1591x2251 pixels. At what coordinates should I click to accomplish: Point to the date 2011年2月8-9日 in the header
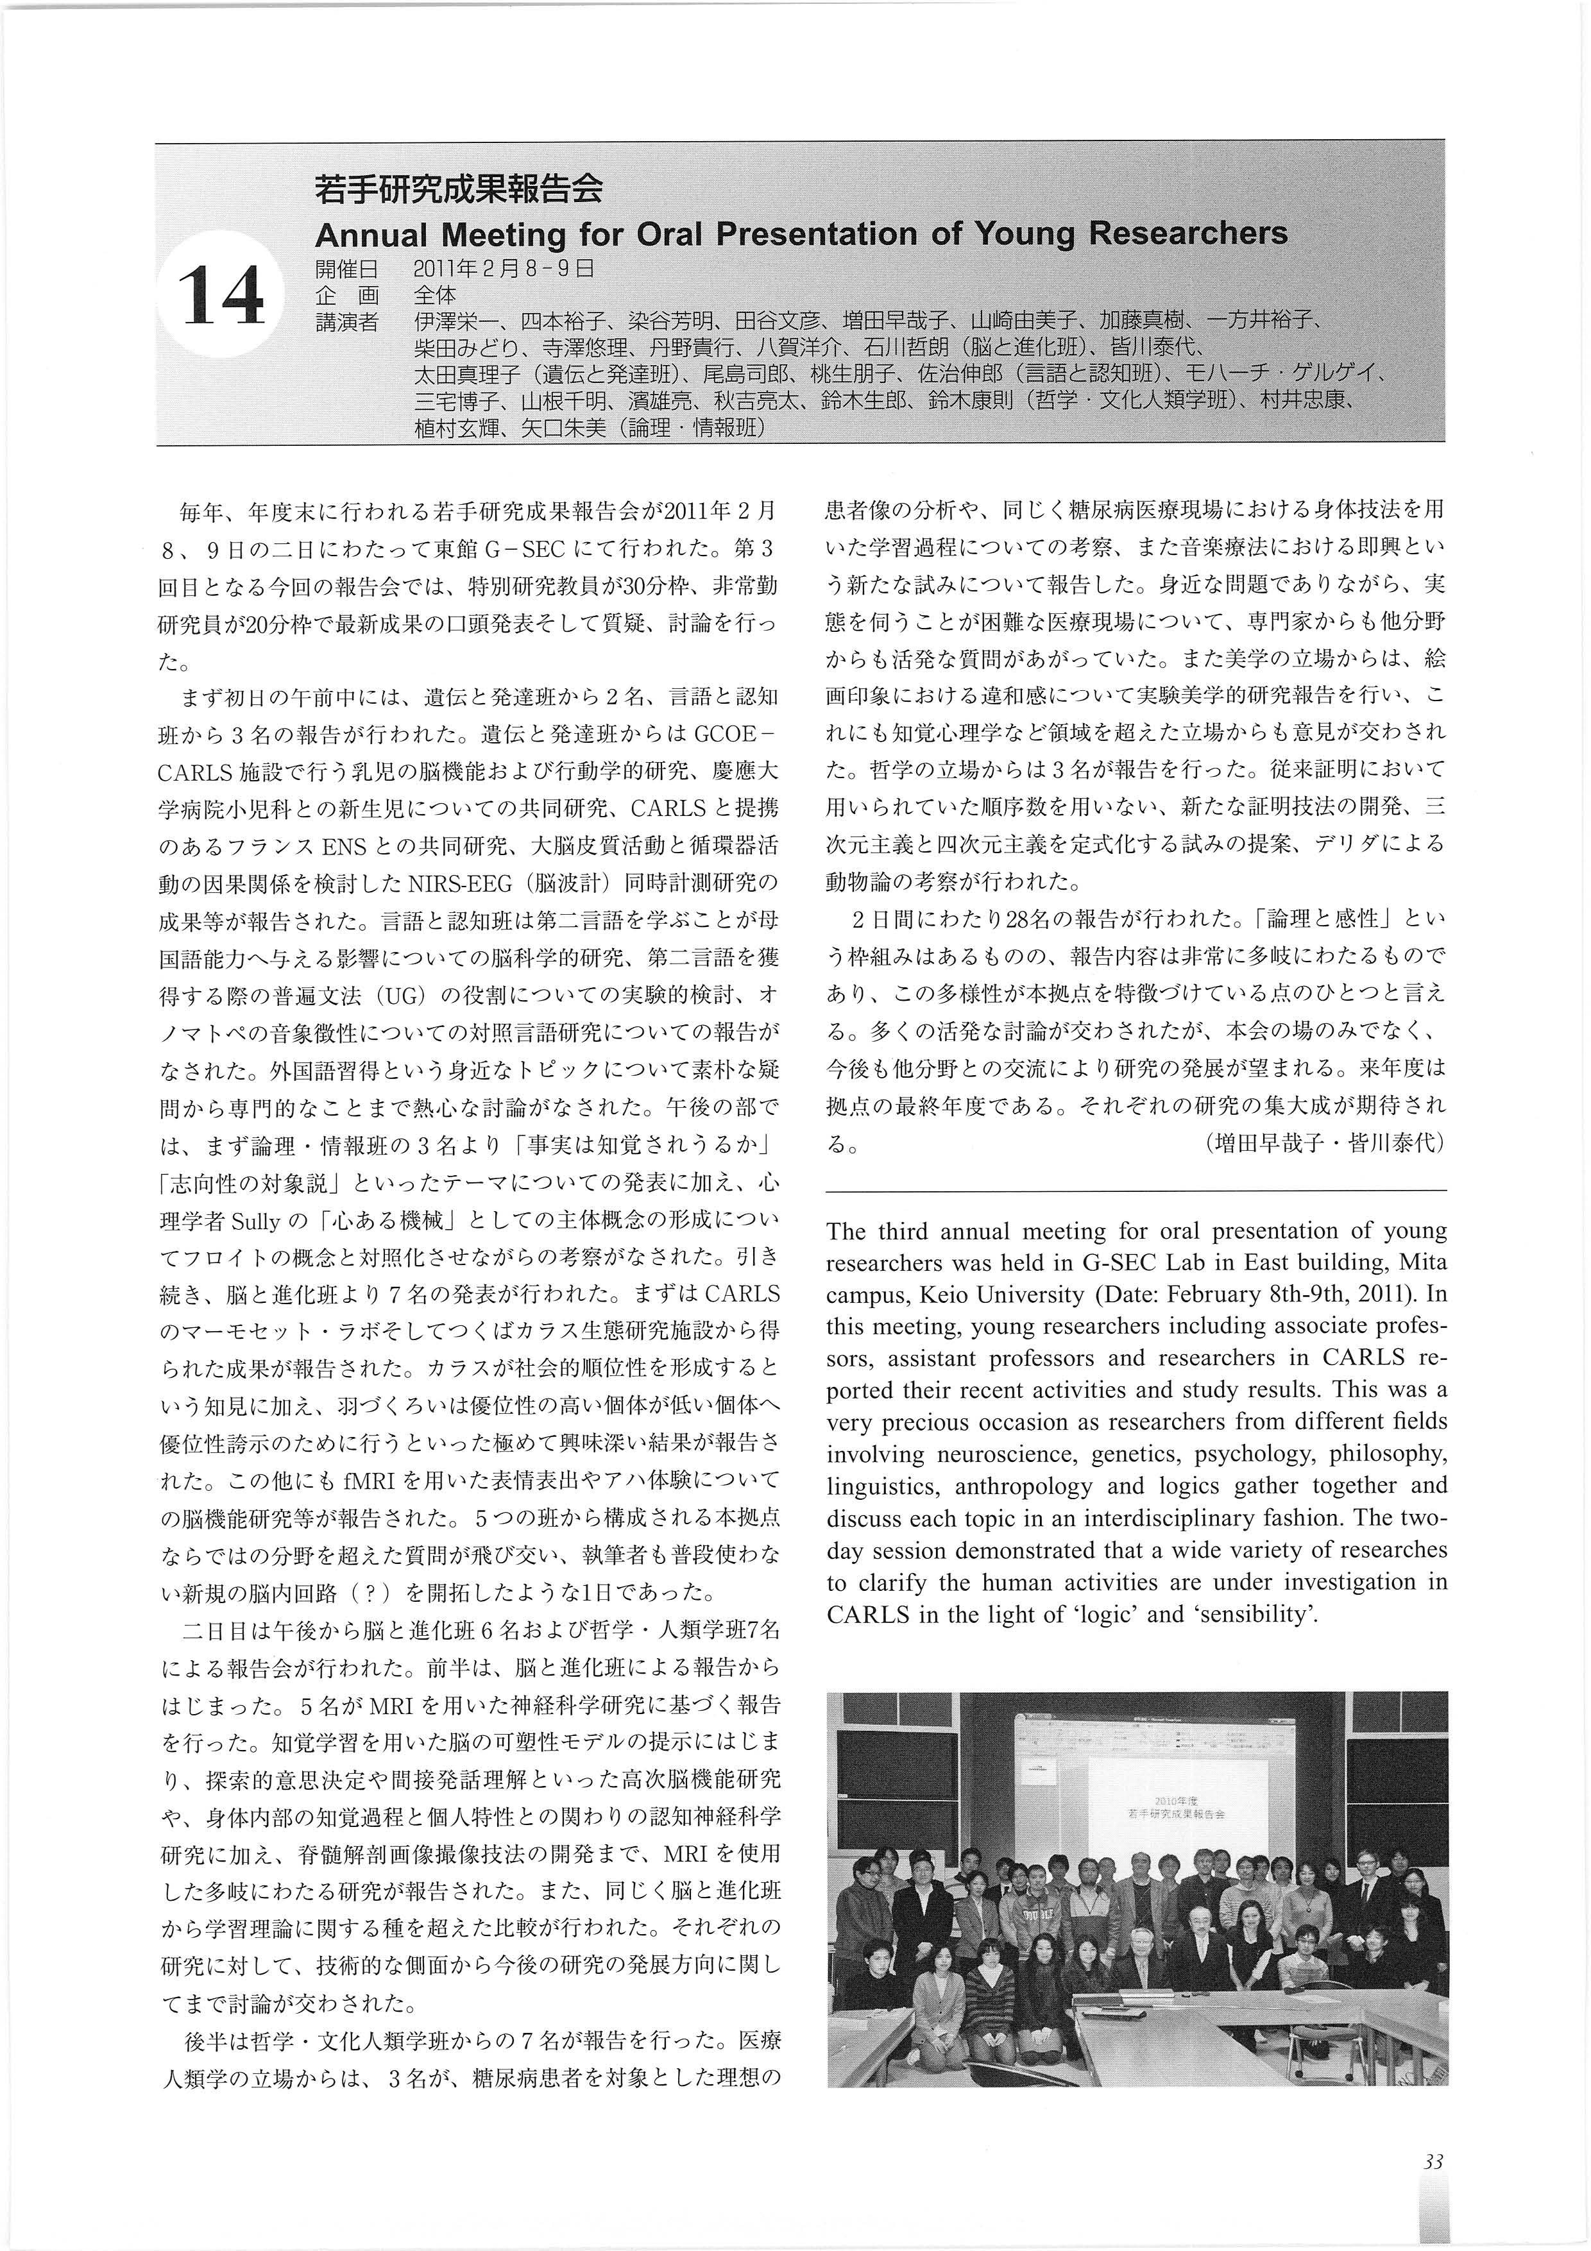tap(504, 268)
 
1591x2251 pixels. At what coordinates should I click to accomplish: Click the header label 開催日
tap(346, 268)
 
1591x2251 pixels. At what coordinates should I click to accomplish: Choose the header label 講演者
tap(346, 321)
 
